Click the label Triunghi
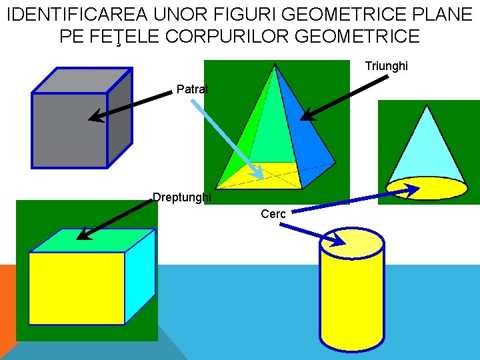click(386, 67)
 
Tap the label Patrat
click(192, 89)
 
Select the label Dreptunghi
click(181, 197)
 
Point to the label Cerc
click(273, 214)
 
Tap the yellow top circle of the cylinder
click(352, 241)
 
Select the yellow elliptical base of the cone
click(427, 189)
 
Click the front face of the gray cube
click(68, 129)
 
